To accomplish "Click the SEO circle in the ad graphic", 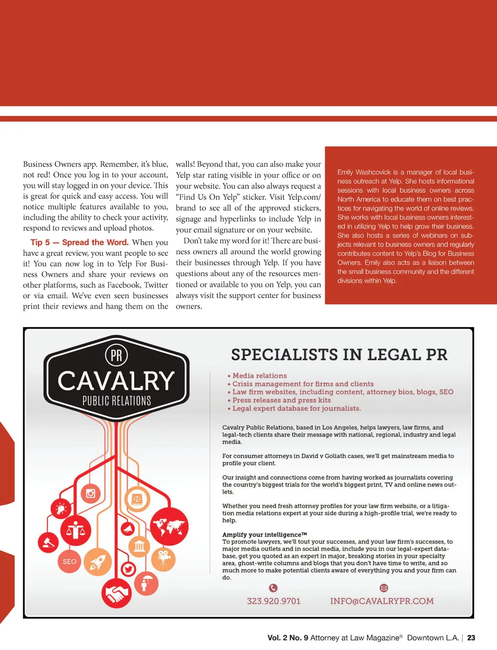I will tap(69, 561).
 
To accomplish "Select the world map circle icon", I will tap(168, 526).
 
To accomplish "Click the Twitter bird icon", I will tap(129, 569).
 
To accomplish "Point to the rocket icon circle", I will tap(98, 562).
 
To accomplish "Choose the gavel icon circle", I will tap(49, 542).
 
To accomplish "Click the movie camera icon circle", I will tap(164, 559).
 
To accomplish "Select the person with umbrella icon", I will tap(146, 583).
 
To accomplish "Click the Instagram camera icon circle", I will tap(90, 494).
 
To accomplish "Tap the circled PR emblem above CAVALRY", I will tap(116, 355).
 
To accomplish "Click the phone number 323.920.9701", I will tap(274, 601).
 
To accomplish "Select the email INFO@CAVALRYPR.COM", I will tap(382, 601).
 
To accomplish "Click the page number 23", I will tap(471, 638).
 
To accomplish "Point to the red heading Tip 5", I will tap(40, 242).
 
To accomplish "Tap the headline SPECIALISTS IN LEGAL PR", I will tap(339, 354).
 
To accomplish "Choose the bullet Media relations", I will tap(259, 376).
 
